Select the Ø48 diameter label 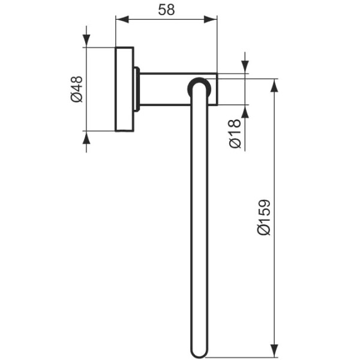tap(76, 89)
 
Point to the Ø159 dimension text tap(264, 217)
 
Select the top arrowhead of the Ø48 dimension tap(86, 40)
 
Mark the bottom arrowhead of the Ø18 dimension tap(245, 112)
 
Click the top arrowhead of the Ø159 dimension tap(275, 85)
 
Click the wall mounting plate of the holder tap(124, 88)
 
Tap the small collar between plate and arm tap(137, 89)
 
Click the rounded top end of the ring tap(199, 84)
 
